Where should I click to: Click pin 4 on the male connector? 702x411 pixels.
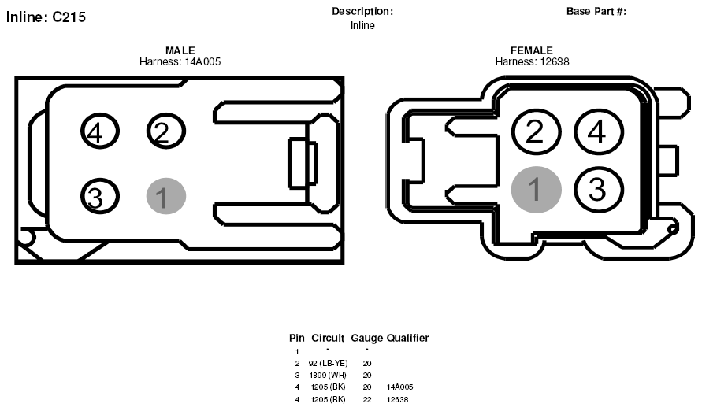pyautogui.click(x=100, y=131)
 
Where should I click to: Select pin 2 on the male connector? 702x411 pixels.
pyautogui.click(x=165, y=131)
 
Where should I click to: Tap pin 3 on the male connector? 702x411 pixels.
pyautogui.click(x=100, y=197)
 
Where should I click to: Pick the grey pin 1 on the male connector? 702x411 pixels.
pyautogui.click(x=166, y=196)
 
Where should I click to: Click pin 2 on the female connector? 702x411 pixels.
pyautogui.click(x=536, y=132)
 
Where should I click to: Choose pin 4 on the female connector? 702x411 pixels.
pyautogui.click(x=599, y=132)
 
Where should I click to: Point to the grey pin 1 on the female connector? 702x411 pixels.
pyautogui.click(x=536, y=190)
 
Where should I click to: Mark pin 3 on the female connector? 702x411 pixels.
pyautogui.click(x=599, y=190)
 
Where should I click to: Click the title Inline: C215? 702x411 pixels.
pyautogui.click(x=46, y=17)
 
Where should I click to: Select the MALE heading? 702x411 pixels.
pyautogui.click(x=180, y=50)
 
